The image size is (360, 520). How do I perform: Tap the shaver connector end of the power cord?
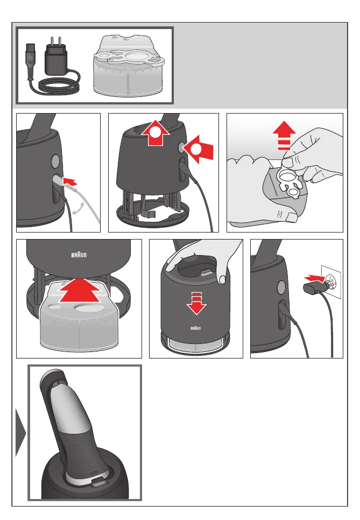pyautogui.click(x=31, y=61)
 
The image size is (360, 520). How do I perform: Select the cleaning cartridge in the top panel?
pyautogui.click(x=128, y=66)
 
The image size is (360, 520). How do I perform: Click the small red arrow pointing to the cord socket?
pyautogui.click(x=69, y=181)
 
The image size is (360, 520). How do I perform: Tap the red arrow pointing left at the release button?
pyautogui.click(x=198, y=149)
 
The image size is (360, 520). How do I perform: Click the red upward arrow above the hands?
pyautogui.click(x=284, y=136)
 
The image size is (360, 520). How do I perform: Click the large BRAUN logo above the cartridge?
pyautogui.click(x=79, y=255)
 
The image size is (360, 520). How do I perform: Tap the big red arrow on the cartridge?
pyautogui.click(x=79, y=290)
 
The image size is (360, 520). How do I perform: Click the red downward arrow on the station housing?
pyautogui.click(x=196, y=303)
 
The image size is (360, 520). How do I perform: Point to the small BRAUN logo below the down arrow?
pyautogui.click(x=195, y=328)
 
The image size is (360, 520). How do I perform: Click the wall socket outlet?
pyautogui.click(x=331, y=282)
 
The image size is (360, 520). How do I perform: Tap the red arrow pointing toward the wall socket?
pyautogui.click(x=314, y=277)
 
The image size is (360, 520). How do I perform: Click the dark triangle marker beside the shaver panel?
pyautogui.click(x=20, y=432)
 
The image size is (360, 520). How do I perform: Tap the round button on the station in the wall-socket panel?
pyautogui.click(x=281, y=287)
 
